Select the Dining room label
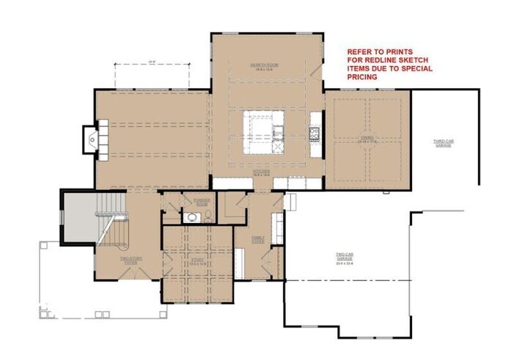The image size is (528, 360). [367, 139]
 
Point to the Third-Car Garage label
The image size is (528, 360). [442, 142]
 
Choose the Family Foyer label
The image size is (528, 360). [259, 239]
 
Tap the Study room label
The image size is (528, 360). [197, 260]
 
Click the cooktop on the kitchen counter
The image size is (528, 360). [315, 133]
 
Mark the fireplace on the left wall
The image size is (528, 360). [92, 140]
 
